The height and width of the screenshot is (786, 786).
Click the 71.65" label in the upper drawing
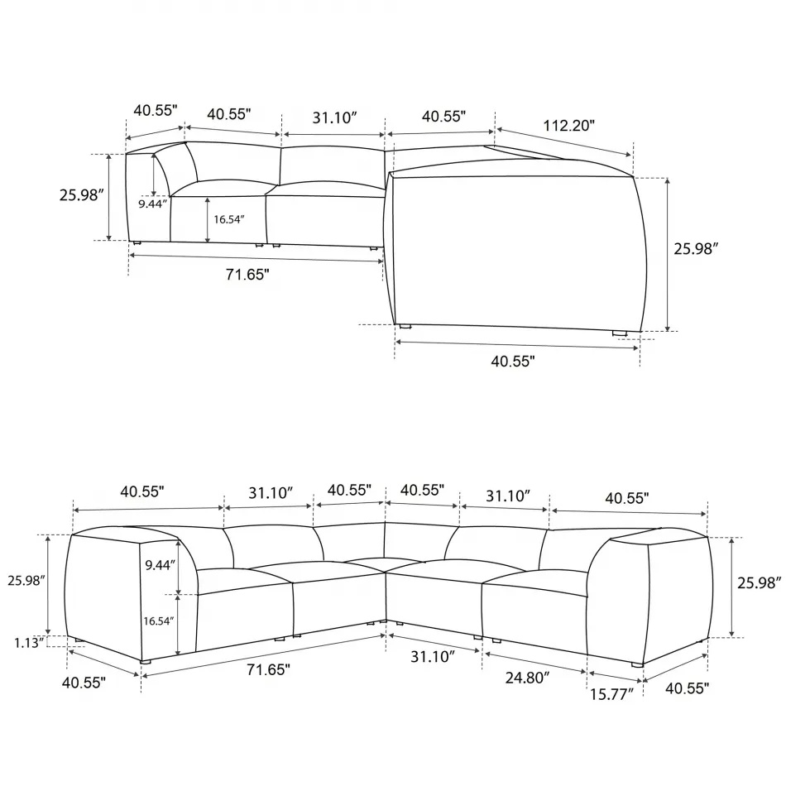point(247,276)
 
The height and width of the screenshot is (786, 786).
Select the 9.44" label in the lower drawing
point(160,565)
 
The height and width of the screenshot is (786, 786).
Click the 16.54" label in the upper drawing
point(228,220)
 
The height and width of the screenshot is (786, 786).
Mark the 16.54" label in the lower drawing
point(159,621)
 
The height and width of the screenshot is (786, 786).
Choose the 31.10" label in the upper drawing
point(334,117)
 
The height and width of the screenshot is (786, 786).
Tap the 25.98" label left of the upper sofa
point(81,195)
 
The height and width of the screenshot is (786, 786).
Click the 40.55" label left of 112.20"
point(443,117)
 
